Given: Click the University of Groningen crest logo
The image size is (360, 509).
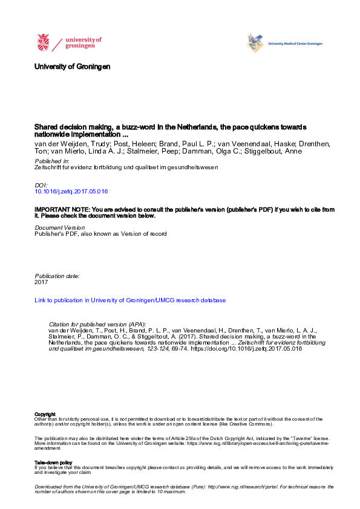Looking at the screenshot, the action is (43, 43).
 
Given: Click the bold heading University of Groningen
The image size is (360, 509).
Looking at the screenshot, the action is (73, 66).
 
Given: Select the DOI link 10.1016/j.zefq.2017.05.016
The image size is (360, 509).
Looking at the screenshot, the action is (71, 191).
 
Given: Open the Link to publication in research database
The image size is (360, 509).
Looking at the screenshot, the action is (130, 300).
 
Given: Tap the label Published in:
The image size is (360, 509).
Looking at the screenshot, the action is (51, 163).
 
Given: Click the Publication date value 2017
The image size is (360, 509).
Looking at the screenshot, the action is (42, 282).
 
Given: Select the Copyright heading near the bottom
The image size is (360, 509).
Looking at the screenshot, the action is (45, 414).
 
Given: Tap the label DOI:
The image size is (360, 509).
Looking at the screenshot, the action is (41, 185).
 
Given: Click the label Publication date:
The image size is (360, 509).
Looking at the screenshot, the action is (57, 276).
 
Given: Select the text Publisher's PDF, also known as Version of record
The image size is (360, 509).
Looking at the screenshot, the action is (100, 233).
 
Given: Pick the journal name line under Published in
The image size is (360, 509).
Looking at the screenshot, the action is (126, 169).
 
